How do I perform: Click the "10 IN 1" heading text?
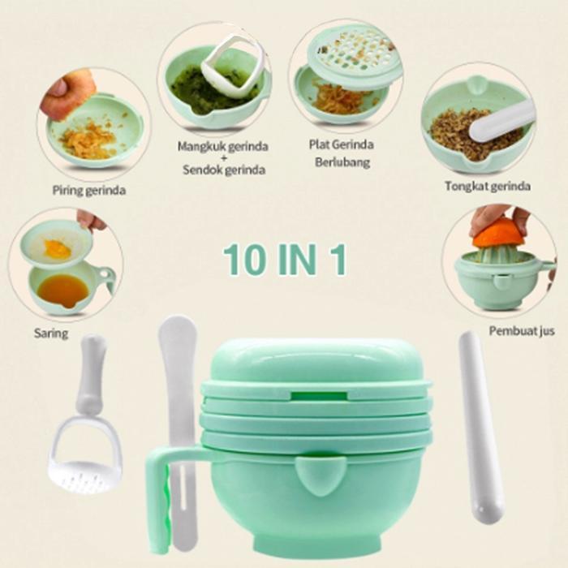285,259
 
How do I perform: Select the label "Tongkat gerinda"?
487,186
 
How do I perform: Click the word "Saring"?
51,333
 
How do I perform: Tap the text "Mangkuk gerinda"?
222,146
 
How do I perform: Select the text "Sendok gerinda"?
222,170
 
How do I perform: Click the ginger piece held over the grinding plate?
70,93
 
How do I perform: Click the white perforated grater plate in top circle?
354,55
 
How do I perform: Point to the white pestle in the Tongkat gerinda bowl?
501,121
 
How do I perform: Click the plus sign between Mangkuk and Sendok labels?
222,157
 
